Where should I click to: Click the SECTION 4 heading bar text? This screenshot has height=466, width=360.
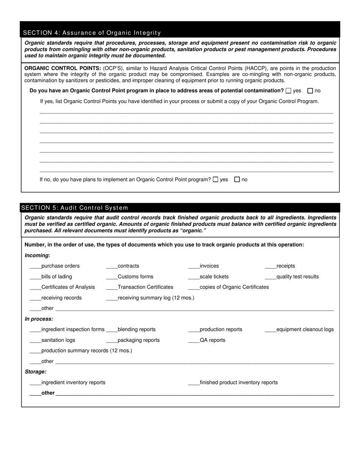pos(92,33)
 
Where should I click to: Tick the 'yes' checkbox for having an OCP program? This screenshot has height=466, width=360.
pos(289,91)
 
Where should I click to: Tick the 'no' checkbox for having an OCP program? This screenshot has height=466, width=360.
pos(310,91)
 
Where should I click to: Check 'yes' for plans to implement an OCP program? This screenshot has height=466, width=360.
pos(216,180)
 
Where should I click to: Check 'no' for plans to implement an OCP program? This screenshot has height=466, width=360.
pos(237,180)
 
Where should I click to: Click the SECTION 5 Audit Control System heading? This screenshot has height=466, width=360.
pos(75,208)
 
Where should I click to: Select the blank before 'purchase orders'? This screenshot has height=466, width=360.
pos(35,266)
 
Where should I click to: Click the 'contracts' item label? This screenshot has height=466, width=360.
pos(128,266)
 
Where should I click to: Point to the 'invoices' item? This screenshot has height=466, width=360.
pos(209,266)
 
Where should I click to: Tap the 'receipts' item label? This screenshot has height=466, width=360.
pos(286,266)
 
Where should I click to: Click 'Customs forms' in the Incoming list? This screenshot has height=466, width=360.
pos(135,277)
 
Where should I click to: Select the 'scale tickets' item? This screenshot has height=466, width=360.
pos(214,277)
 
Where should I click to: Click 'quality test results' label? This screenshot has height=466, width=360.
pos(297,277)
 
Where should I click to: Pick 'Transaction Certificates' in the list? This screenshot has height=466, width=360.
pos(145,287)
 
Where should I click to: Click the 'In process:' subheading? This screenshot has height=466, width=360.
pos(39,319)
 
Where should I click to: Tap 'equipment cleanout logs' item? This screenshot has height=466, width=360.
pos(305,330)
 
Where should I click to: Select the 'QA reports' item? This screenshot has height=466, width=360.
pos(212,340)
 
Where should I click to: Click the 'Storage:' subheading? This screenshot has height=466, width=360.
pos(36,372)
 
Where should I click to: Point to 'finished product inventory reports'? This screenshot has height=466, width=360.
pos(238,383)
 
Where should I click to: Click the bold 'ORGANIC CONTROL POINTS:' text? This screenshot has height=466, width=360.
pos(63,68)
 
